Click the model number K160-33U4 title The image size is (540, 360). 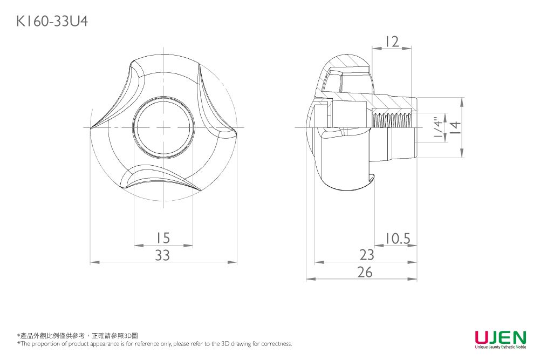[x=52, y=22]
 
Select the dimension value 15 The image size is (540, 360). [x=162, y=237]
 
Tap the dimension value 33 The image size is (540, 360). [x=162, y=255]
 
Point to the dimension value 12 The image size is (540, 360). [x=392, y=42]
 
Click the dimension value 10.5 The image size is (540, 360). [x=397, y=238]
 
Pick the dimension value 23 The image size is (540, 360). [x=367, y=255]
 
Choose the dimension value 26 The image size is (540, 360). [x=365, y=272]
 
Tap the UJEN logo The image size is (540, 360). [x=501, y=337]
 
